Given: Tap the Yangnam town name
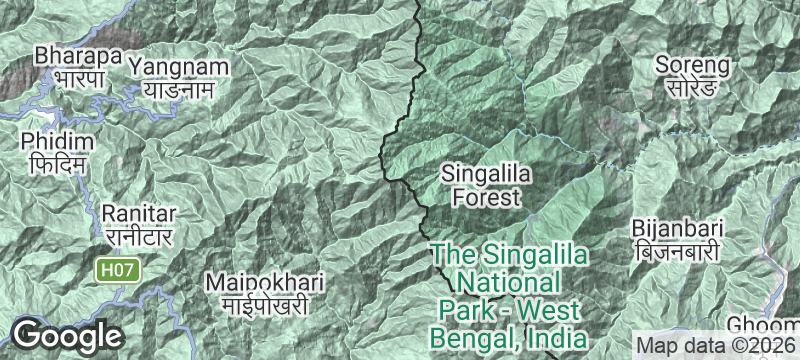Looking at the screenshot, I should [x=179, y=67].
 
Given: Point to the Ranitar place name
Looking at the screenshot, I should [x=139, y=214].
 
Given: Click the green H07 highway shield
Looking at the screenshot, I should [x=117, y=269].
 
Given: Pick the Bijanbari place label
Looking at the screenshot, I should [x=676, y=228].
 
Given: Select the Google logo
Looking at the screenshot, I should [x=67, y=336].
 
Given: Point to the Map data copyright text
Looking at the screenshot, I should [x=716, y=343].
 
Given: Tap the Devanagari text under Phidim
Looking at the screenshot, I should [x=56, y=162].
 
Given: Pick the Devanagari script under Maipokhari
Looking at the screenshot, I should [x=255, y=304].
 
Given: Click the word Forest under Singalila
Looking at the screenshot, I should [x=487, y=197].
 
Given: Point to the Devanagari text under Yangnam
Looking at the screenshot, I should [x=179, y=89].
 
